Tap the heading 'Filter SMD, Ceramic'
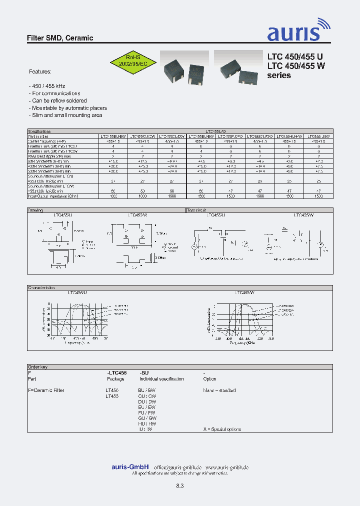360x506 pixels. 59,38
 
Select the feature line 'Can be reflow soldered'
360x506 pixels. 58,100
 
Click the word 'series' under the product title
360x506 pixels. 279,75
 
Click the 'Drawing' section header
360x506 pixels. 35,210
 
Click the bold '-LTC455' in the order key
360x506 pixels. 116,373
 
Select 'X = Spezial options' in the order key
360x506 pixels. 222,429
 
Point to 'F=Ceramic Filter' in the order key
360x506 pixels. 46,390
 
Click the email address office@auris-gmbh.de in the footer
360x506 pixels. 177,467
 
